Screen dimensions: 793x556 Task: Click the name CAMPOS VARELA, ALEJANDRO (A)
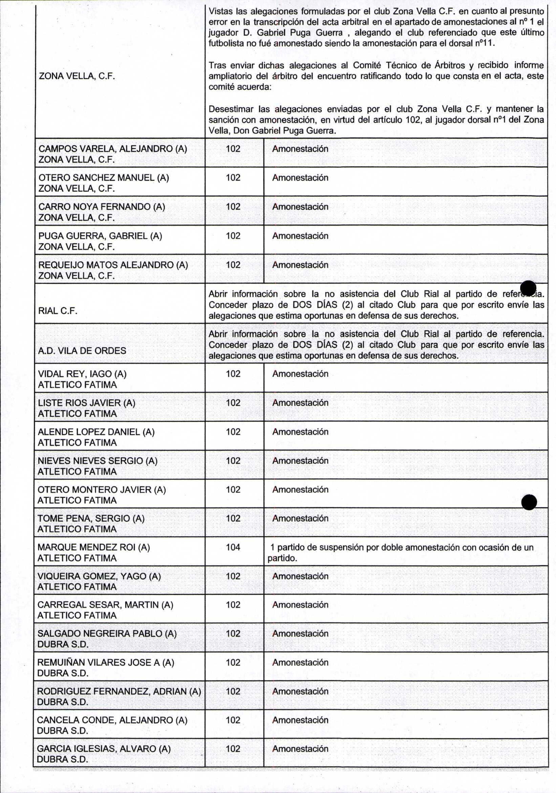(113, 149)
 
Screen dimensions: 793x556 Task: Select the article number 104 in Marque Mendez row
(233, 547)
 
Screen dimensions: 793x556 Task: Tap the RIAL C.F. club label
(58, 311)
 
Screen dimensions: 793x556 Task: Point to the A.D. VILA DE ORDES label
(82, 351)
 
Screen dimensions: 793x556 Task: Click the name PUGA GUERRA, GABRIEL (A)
(100, 236)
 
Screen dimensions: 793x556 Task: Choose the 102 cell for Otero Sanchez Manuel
(233, 178)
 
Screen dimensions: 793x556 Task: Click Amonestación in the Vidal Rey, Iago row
(300, 374)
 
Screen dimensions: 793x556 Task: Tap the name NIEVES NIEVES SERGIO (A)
(98, 461)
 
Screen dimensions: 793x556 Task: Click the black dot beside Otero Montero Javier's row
(529, 502)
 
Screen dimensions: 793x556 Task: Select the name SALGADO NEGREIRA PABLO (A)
(107, 634)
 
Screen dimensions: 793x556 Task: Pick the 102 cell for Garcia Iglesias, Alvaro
(233, 748)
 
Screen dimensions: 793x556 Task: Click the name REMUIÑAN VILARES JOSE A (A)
(105, 662)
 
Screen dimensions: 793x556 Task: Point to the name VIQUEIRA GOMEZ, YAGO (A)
(99, 576)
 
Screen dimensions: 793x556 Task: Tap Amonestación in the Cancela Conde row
(300, 720)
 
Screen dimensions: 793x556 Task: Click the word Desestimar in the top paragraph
(231, 109)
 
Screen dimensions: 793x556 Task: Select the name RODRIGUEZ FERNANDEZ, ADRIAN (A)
(119, 691)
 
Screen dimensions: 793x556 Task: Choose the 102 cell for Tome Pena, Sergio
(233, 518)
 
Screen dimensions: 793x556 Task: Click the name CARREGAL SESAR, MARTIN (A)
(105, 605)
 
